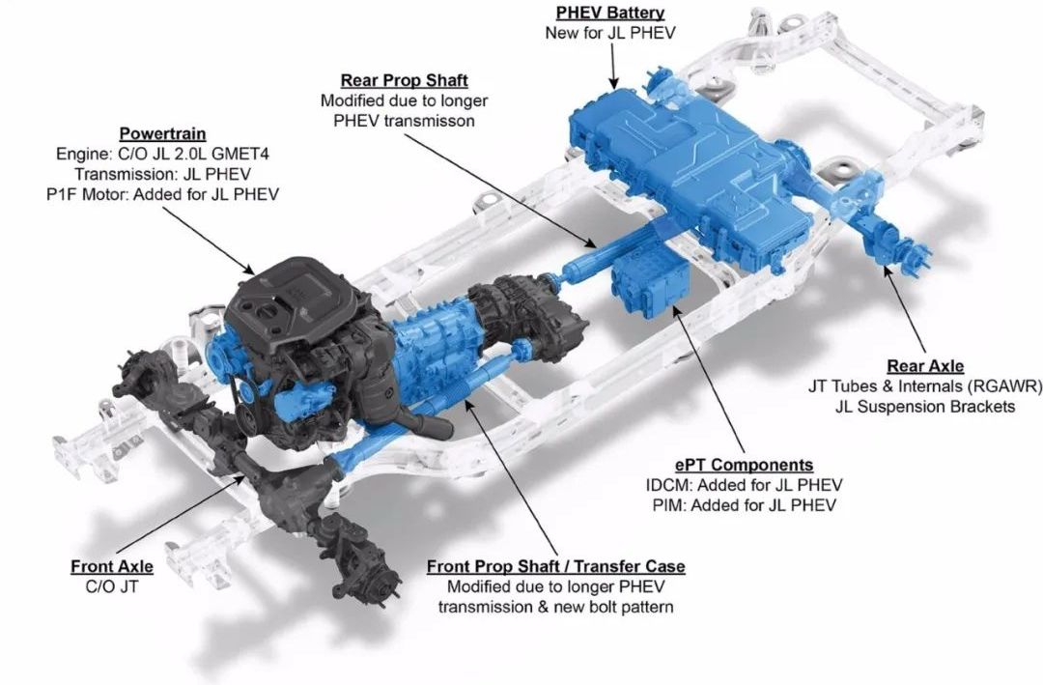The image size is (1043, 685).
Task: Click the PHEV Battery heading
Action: pos(610,12)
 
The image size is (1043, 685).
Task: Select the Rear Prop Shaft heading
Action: pos(405,80)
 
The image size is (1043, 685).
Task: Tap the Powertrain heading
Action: pos(162,133)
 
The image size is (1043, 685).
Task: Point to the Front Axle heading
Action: pos(112,566)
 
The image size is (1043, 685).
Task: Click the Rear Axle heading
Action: pos(925,365)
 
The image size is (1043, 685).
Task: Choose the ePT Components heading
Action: pos(744,465)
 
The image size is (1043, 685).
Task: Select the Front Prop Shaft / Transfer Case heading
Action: pos(555,566)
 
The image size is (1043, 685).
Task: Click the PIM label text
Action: pos(668,505)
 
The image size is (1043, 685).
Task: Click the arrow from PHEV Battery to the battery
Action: pos(613,66)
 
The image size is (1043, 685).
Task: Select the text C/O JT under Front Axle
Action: pos(112,586)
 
